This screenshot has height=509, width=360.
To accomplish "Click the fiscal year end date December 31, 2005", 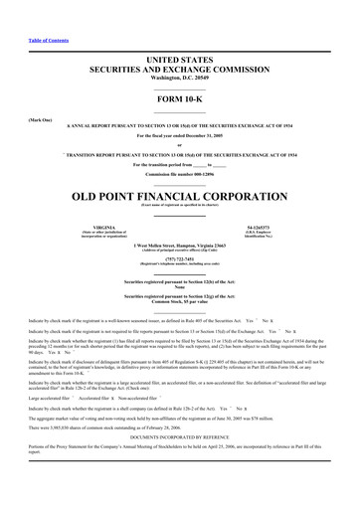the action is pos(206,134).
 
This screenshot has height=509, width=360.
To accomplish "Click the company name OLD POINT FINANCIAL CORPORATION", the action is pos(179,195).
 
